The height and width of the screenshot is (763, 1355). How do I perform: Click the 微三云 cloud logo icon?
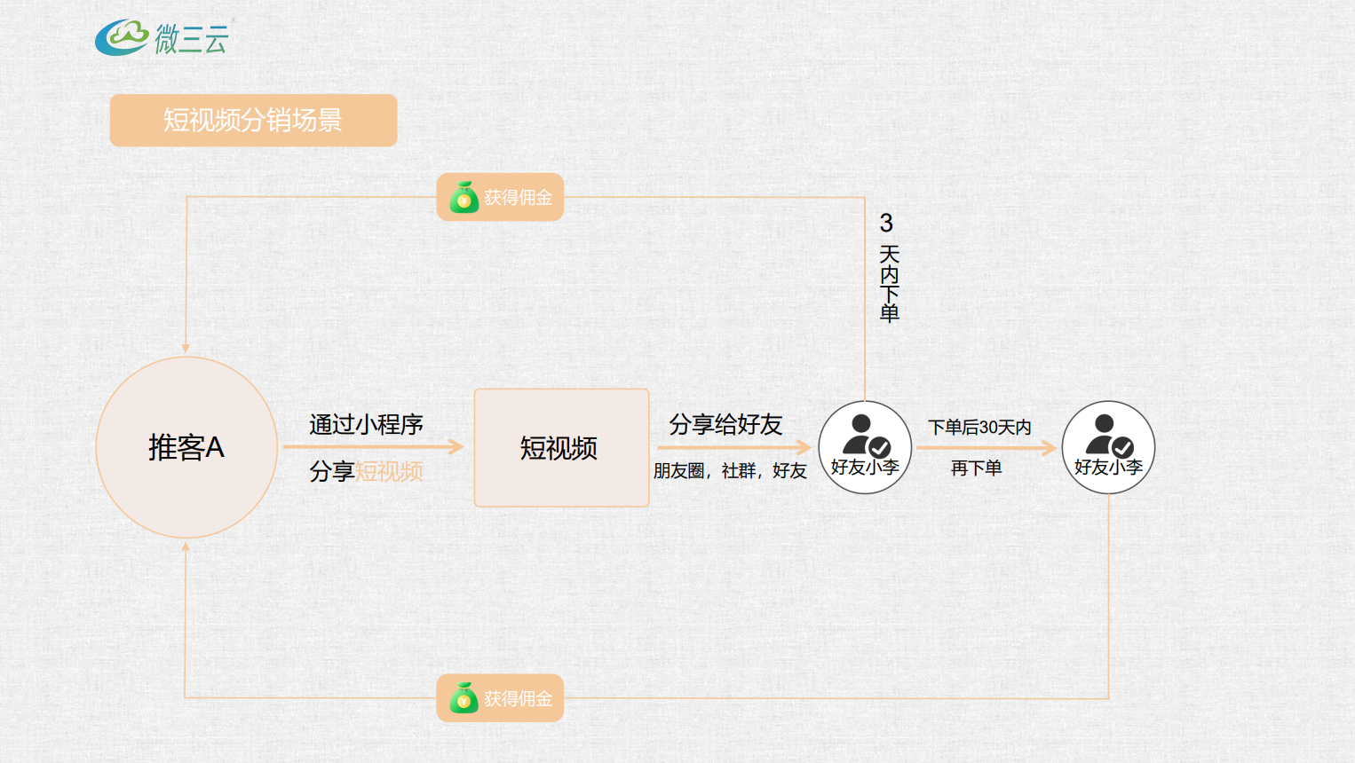point(122,37)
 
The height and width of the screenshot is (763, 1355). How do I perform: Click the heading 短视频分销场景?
point(253,120)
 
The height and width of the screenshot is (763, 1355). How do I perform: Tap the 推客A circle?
point(186,447)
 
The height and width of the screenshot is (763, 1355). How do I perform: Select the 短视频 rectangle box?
point(561,447)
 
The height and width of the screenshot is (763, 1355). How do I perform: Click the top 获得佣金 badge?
point(500,197)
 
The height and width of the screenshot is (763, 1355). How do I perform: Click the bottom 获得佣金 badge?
point(500,698)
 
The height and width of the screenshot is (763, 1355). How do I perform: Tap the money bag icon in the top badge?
point(464,198)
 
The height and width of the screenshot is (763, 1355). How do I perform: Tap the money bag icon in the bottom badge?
point(464,699)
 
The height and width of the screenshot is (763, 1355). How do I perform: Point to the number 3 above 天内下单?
point(886,223)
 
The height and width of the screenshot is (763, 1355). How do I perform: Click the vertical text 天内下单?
point(889,284)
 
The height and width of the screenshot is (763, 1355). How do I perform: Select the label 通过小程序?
point(366,425)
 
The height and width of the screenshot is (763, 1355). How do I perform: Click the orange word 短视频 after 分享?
point(390,471)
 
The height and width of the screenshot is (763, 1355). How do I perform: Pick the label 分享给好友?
point(725,425)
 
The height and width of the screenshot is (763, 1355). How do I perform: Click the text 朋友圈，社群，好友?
point(730,471)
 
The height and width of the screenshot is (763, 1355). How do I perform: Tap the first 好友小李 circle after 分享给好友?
point(865,447)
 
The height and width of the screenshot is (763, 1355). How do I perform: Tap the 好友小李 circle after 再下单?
point(1108,447)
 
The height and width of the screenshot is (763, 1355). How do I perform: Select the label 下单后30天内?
point(979,428)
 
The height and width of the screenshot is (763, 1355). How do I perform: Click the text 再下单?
point(976,468)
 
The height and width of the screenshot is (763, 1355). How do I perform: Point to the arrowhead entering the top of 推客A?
point(186,348)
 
